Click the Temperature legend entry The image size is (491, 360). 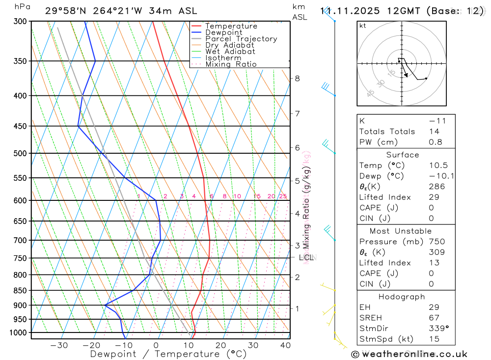[231, 26]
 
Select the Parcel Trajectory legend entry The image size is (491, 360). [241, 39]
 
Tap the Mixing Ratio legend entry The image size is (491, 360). [231, 64]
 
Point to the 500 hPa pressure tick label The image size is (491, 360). [20, 153]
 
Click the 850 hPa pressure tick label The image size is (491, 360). [20, 290]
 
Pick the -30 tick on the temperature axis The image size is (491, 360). [59, 345]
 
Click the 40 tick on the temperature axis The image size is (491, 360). [285, 345]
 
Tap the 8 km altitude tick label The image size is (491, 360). [297, 78]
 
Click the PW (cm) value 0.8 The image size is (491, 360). [436, 142]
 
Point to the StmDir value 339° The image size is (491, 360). [438, 329]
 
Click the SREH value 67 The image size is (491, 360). [434, 318]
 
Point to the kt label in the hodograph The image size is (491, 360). [363, 26]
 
